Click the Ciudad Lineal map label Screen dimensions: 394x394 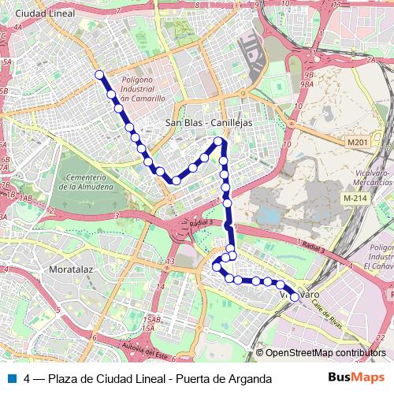point(45,13)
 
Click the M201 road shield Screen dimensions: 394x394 point(357,143)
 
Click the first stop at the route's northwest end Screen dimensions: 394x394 point(100,75)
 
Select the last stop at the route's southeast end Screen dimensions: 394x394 point(295,297)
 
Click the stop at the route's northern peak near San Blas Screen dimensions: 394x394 point(219,142)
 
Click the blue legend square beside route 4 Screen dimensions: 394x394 point(10,379)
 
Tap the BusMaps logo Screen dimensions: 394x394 point(357,377)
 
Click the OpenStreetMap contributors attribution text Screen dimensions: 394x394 point(325,353)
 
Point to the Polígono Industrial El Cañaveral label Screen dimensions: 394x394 point(381,256)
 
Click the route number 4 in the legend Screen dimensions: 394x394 point(28,379)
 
